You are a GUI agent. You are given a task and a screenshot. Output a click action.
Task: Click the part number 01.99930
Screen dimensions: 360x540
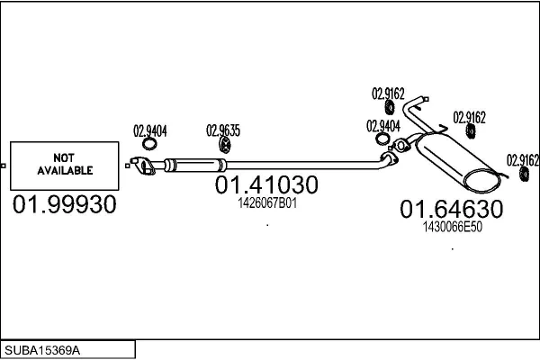[65, 205]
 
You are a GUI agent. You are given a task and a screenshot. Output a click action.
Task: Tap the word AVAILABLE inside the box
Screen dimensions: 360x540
[64, 169]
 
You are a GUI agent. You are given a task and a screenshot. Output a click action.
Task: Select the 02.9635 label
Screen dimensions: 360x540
[223, 129]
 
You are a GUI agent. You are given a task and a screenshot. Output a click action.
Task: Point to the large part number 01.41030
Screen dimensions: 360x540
[266, 185]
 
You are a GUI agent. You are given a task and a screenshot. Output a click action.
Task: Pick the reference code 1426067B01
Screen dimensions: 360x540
[266, 204]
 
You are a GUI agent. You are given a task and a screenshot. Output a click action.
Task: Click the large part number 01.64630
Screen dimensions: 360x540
[451, 210]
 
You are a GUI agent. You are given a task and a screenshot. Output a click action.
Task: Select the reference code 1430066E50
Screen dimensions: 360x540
[452, 227]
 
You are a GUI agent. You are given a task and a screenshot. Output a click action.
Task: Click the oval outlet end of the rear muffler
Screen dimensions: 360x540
[481, 180]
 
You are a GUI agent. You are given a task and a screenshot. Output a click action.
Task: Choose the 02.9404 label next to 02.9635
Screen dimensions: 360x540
[150, 129]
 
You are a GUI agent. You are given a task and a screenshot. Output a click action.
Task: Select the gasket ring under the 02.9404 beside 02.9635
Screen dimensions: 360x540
[152, 147]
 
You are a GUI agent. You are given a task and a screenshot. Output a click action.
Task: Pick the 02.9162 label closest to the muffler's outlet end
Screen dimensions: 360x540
[522, 160]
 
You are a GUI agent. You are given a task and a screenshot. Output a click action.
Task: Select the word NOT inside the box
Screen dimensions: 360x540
[64, 156]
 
